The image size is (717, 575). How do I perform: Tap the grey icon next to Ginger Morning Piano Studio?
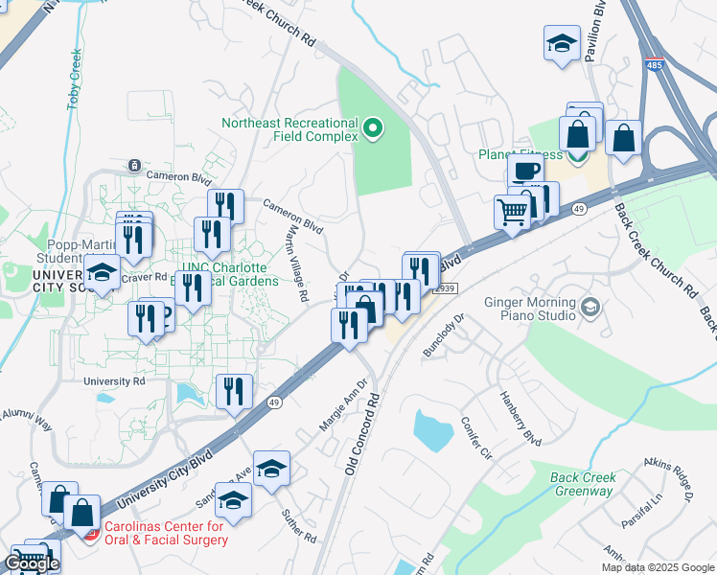[x=591, y=308]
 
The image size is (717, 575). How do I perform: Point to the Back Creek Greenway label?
[x=582, y=484]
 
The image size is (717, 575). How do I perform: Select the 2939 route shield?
[x=447, y=287]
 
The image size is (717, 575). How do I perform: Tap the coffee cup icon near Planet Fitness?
[x=524, y=171]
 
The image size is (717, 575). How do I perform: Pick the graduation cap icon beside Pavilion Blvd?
[x=561, y=43]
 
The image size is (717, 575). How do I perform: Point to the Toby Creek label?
[x=75, y=79]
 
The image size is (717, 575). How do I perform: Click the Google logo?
[x=32, y=563]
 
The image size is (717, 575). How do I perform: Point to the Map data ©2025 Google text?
[x=657, y=567]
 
